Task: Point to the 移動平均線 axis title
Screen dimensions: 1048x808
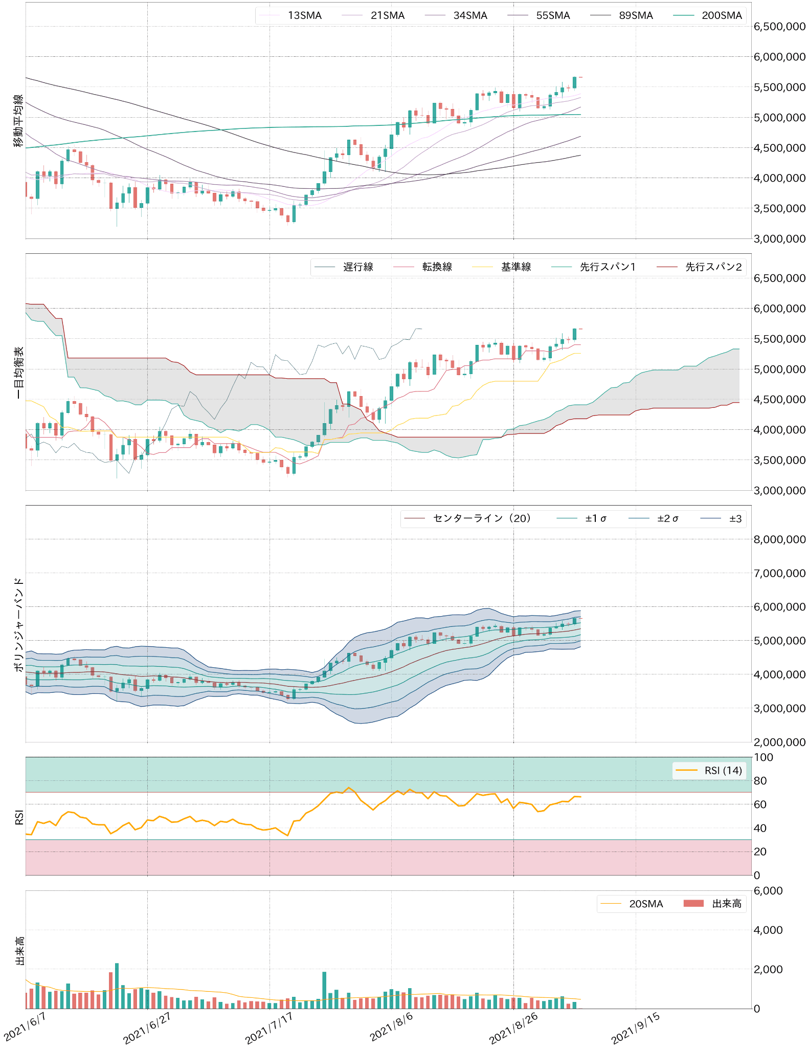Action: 18,121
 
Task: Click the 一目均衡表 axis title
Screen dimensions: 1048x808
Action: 18,373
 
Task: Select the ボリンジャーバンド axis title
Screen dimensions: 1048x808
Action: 18,624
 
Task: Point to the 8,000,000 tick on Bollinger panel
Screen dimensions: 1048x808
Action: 779,539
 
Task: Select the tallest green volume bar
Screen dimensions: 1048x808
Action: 117,986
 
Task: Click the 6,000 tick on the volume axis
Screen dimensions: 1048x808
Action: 768,891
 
